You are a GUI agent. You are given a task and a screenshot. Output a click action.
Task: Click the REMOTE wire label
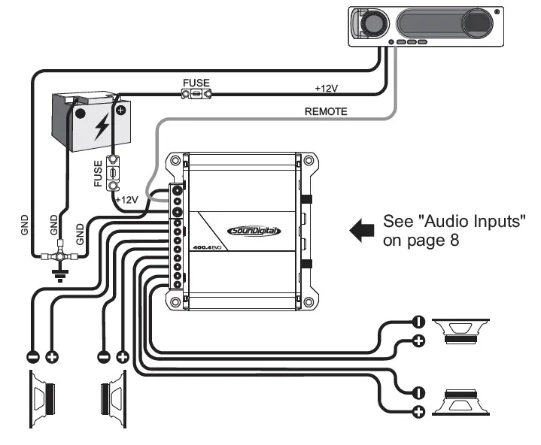coord(325,111)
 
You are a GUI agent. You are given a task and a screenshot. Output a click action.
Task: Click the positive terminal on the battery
coord(120,110)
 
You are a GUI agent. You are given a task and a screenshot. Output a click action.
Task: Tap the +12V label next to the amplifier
coord(128,199)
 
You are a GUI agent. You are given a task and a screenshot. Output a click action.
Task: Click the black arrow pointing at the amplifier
coord(362,231)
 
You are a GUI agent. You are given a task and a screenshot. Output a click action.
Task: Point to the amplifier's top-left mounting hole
coord(175,159)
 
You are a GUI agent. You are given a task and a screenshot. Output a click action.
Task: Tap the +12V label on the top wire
coord(326,88)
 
